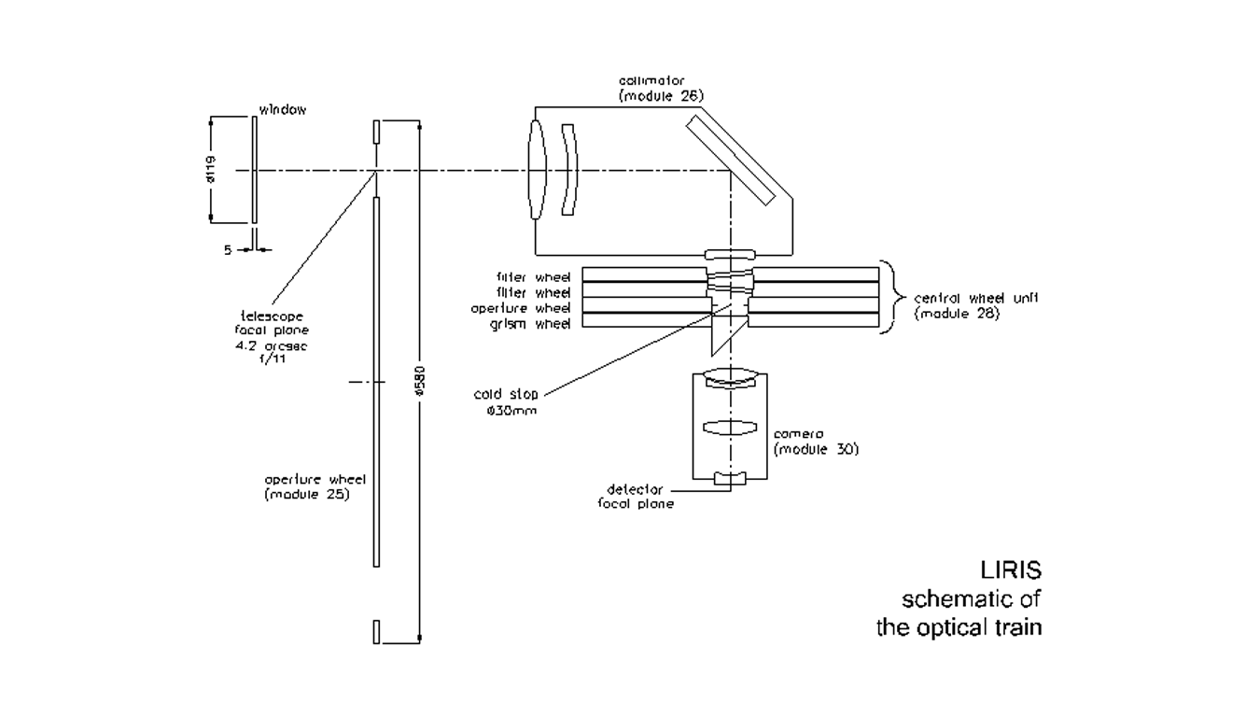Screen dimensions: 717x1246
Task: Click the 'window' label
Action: point(283,110)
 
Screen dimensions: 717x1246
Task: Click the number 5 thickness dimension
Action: point(228,249)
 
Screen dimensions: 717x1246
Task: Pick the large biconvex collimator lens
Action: point(536,169)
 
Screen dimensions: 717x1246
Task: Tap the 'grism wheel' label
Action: point(535,321)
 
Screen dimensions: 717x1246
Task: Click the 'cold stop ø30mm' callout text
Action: point(506,401)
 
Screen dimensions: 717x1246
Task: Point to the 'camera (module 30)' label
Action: point(815,442)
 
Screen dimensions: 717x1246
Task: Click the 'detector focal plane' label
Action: point(635,496)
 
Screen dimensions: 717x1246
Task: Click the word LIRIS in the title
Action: point(1008,569)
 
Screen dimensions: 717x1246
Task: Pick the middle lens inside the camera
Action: point(728,428)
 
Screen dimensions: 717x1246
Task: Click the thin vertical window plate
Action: point(254,169)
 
